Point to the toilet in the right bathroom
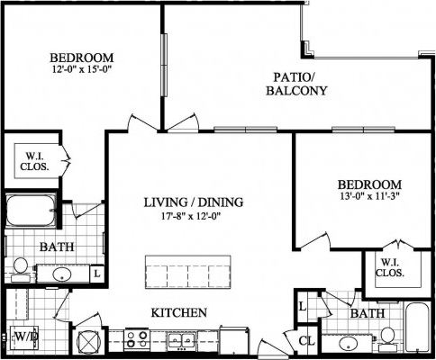(387, 336)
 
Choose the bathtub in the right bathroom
(417, 329)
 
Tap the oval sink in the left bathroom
(62, 274)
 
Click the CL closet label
(306, 341)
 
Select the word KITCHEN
(179, 313)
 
